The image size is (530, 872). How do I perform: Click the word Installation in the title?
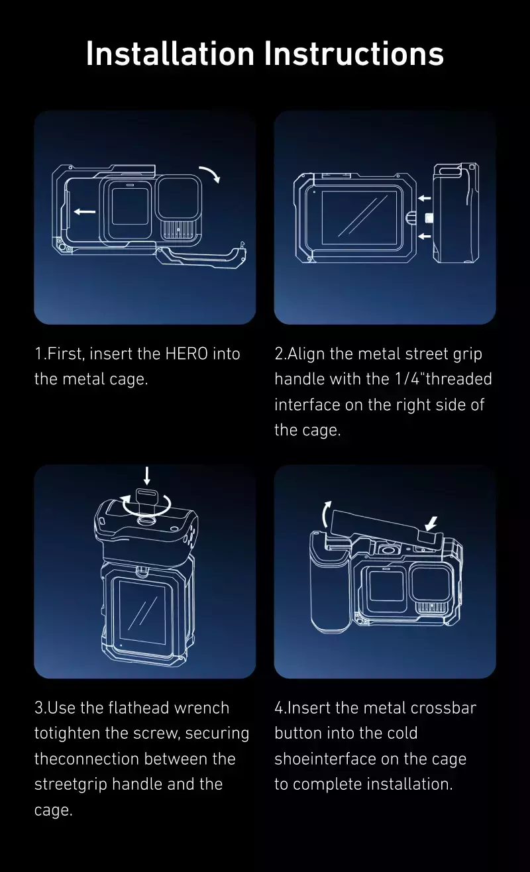(x=170, y=53)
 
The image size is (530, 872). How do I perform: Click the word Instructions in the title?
(x=354, y=53)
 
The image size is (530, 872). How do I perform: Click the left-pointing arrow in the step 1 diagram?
(x=84, y=211)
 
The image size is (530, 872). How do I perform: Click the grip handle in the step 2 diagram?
(x=456, y=213)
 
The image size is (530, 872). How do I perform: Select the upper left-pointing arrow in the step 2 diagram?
(x=425, y=198)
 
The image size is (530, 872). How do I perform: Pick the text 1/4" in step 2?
(x=409, y=379)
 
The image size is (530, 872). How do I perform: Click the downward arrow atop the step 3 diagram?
(x=146, y=476)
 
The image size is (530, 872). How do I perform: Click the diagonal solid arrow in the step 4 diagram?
(x=431, y=523)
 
